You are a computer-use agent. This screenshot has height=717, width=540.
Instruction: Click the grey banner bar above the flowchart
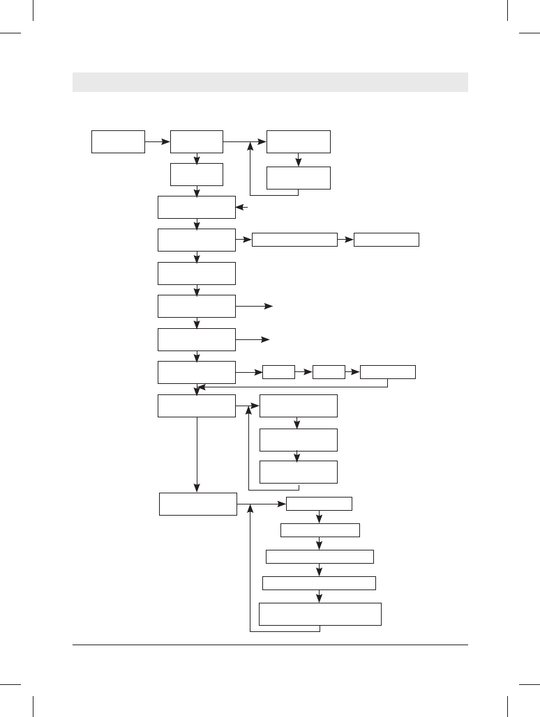point(270,82)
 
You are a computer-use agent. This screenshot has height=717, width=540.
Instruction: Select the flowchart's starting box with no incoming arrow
point(118,141)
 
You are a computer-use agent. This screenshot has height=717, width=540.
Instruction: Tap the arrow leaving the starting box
point(157,141)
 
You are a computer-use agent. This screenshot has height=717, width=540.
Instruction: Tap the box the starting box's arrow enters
point(197,141)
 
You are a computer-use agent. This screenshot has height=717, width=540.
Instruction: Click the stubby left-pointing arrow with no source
point(241,207)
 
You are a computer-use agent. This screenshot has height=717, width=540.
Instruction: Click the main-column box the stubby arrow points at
point(197,207)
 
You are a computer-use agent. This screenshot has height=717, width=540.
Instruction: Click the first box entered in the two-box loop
point(299,141)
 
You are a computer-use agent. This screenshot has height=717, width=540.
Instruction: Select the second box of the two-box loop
point(299,178)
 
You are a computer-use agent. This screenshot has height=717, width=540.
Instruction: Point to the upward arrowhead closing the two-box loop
point(250,146)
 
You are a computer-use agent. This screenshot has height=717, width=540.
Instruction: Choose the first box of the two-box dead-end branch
point(294,240)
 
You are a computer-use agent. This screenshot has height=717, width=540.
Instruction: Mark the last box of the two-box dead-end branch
point(387,240)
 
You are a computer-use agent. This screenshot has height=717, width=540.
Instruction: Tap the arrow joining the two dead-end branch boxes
point(345,240)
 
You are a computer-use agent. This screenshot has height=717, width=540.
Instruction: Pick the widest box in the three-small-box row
point(387,372)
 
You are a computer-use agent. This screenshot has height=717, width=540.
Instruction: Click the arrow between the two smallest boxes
point(303,372)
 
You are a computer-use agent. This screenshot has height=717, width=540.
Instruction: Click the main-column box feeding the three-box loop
point(197,406)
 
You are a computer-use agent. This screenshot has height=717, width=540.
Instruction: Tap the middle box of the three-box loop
point(299,440)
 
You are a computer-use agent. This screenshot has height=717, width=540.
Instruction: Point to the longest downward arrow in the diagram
point(197,453)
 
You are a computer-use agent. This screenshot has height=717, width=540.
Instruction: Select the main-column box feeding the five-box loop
point(198,504)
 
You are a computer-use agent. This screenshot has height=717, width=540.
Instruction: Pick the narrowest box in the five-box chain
point(320,504)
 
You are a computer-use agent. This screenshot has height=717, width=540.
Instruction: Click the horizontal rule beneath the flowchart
point(270,645)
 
